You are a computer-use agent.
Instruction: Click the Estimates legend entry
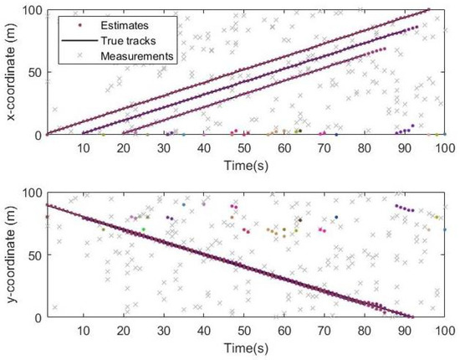tap(125, 24)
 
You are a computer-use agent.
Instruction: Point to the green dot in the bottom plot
tap(143, 229)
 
